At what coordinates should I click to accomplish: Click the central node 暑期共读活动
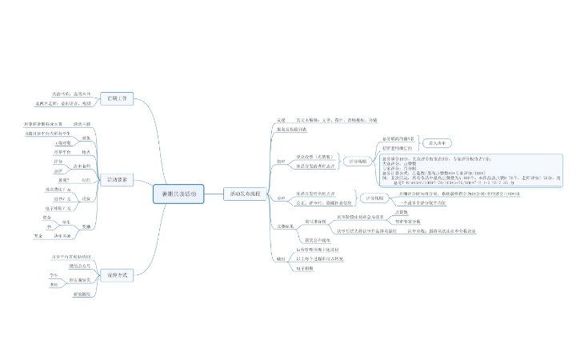[178, 194]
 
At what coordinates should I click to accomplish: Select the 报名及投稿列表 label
[291, 128]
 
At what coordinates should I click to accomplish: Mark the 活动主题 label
[82, 124]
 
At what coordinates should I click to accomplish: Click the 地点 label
[86, 151]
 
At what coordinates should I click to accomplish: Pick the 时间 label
[86, 181]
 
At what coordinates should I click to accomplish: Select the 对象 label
[86, 138]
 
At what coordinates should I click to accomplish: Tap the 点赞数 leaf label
[402, 211]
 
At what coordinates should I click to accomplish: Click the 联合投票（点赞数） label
[314, 156]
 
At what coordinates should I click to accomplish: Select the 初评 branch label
[281, 161]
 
